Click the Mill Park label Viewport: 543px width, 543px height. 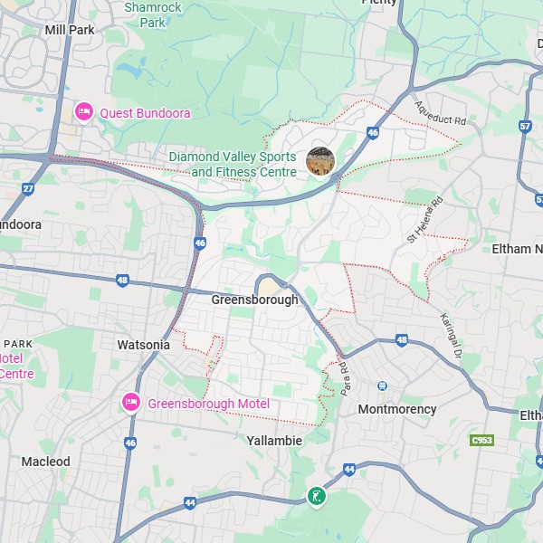click(70, 30)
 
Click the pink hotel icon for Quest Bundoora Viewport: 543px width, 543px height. click(83, 111)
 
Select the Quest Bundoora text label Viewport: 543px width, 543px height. click(145, 112)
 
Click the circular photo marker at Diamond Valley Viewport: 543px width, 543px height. click(320, 161)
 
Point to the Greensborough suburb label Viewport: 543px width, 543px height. click(254, 300)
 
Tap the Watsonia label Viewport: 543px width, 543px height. click(144, 345)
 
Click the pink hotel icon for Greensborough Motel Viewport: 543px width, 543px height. click(131, 403)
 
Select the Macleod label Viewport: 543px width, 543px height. click(45, 462)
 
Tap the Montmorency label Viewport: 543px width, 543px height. click(397, 409)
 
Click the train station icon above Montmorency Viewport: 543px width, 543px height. click(383, 386)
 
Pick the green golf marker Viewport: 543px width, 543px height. click(316, 496)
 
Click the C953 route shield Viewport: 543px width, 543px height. click(482, 441)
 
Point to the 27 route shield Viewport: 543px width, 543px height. click(28, 188)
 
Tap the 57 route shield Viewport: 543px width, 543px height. click(526, 127)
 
